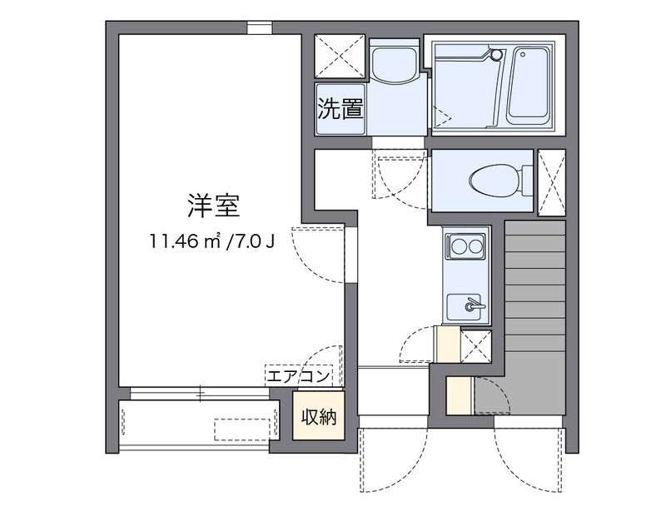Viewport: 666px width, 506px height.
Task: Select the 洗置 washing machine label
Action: click(340, 108)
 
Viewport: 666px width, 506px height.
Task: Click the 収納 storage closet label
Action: click(319, 417)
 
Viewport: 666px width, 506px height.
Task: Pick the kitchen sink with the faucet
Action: click(465, 306)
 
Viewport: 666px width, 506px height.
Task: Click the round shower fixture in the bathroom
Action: click(497, 56)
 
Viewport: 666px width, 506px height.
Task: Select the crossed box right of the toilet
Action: click(551, 181)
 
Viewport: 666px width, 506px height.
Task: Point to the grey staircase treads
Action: click(534, 316)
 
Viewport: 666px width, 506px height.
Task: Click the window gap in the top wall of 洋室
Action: click(259, 27)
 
